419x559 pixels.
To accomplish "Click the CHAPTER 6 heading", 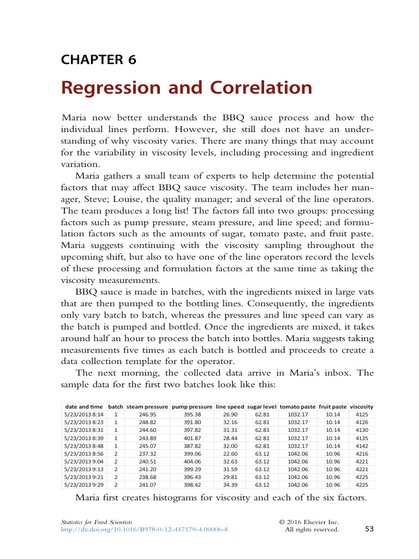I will tap(98, 60).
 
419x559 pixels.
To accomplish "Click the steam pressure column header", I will tap(147, 407).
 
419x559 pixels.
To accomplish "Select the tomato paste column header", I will tap(297, 407).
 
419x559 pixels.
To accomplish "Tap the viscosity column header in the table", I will tap(361, 407).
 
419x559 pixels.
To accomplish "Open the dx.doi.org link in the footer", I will tap(144, 529).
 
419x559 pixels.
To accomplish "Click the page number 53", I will tap(369, 528).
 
